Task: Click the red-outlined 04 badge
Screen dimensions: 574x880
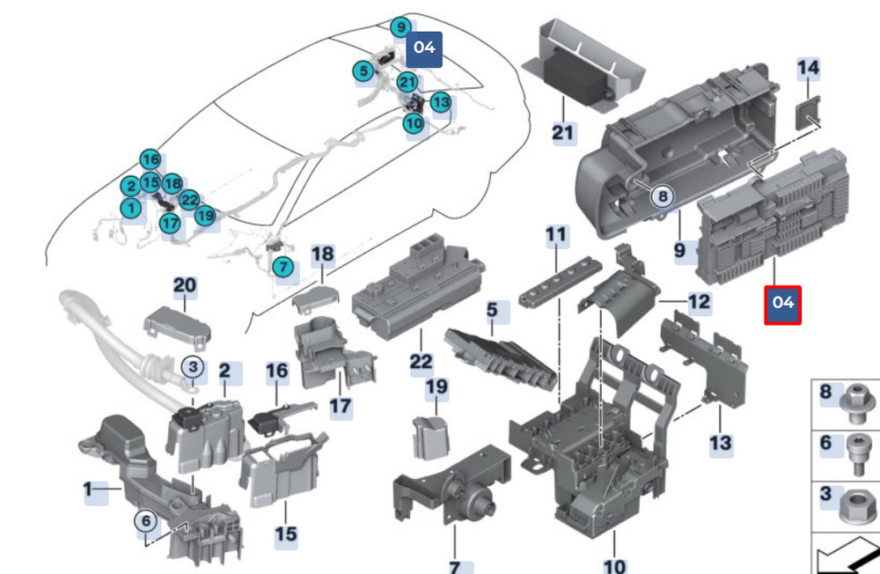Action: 782,303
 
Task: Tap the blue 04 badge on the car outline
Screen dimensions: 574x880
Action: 423,47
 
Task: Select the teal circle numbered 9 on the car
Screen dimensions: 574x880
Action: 401,27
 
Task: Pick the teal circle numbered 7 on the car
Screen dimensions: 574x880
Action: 282,266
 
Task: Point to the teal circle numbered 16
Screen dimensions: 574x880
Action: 151,159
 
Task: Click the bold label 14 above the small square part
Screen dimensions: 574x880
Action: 808,68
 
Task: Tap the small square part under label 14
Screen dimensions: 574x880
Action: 806,114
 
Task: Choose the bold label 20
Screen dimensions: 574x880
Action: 185,286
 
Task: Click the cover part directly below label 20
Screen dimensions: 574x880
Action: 179,322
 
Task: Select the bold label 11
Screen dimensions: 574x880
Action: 556,235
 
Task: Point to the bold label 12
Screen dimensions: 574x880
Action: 699,303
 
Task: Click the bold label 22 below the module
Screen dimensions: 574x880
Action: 422,361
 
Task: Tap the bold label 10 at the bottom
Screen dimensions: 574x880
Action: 613,565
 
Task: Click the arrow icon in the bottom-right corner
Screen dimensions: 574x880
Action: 847,557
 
